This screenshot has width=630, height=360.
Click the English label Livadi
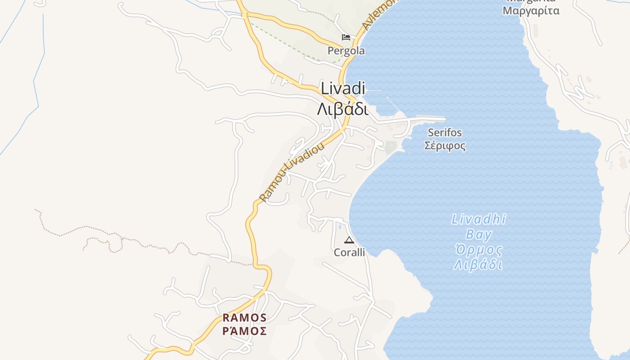tap(342, 89)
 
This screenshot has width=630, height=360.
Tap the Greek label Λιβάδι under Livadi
tap(343, 109)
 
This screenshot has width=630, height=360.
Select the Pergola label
tap(346, 51)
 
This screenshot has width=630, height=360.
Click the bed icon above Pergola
tap(346, 37)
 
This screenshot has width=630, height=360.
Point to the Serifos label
tap(445, 133)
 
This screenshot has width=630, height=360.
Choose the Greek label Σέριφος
tap(445, 146)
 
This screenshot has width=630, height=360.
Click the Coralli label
tap(349, 252)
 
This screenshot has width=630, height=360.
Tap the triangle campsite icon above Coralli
tap(349, 240)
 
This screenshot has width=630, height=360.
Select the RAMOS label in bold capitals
tap(245, 318)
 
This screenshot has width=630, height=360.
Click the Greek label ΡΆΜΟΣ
tap(245, 331)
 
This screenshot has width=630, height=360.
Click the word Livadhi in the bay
tap(478, 220)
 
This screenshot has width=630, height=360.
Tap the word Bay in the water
tap(479, 234)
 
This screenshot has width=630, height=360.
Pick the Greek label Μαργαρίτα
tap(531, 10)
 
